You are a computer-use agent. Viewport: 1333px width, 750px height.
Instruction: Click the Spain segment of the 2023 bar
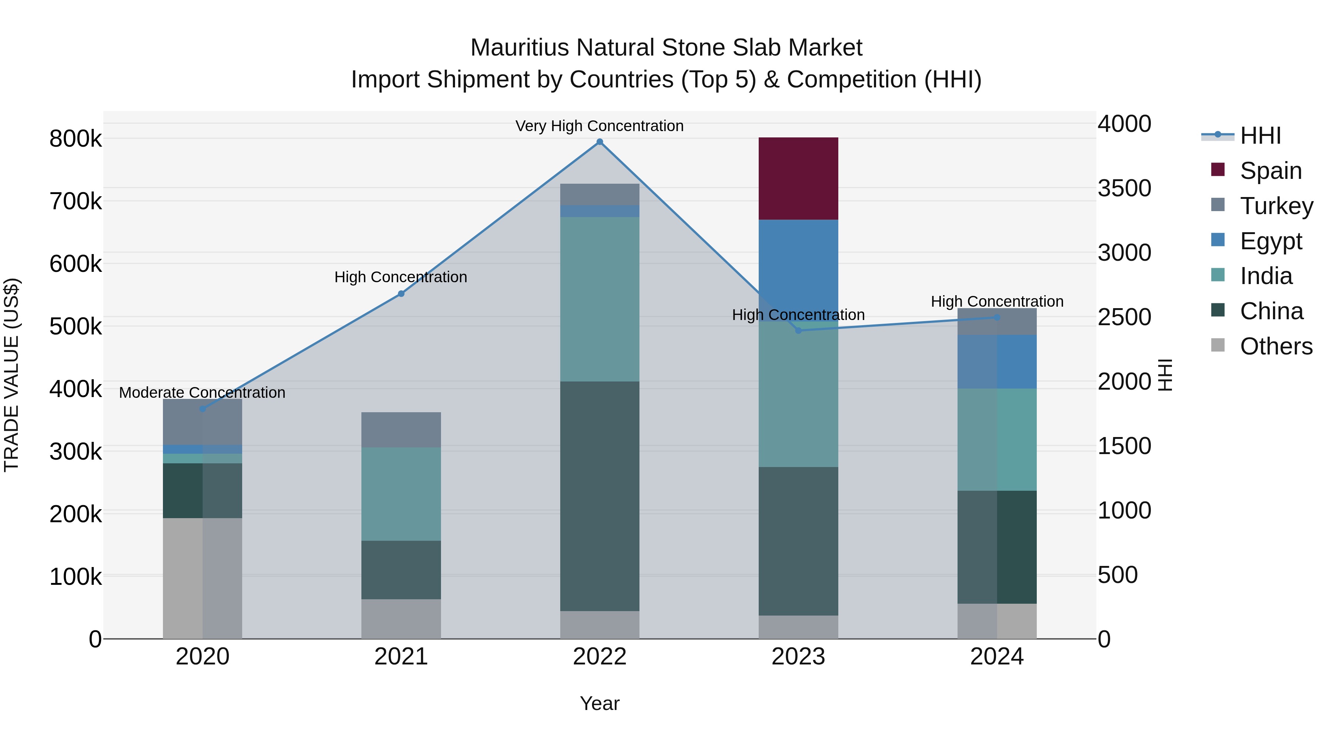click(798, 179)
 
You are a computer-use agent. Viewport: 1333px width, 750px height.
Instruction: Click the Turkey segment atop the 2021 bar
click(401, 430)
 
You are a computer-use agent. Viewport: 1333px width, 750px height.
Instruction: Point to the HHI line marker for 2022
click(600, 142)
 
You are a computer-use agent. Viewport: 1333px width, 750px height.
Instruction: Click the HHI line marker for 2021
click(401, 293)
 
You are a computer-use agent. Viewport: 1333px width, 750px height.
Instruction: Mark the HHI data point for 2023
click(798, 330)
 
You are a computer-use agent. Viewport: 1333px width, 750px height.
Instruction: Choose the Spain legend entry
click(1270, 170)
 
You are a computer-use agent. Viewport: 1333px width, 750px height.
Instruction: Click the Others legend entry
click(1276, 346)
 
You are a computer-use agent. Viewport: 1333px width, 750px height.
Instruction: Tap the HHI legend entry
click(1260, 135)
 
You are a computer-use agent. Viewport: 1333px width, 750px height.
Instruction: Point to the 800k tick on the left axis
click(76, 139)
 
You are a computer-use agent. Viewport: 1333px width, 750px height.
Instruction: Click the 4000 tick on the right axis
click(1124, 124)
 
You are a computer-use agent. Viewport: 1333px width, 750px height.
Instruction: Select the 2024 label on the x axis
click(997, 656)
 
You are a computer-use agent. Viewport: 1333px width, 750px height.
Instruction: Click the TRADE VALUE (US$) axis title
click(11, 375)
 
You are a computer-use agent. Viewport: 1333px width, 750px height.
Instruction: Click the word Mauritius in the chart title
click(520, 48)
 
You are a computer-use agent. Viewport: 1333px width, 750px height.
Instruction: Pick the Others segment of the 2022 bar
click(600, 625)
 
